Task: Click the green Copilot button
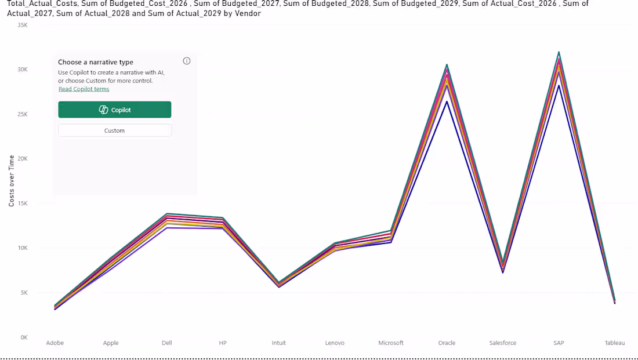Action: pos(115,110)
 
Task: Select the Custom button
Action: pos(115,130)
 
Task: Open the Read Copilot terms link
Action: pos(84,89)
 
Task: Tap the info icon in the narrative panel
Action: pos(187,61)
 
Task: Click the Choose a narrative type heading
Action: pos(96,62)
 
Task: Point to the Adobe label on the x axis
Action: pos(55,343)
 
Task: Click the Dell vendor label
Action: pos(167,343)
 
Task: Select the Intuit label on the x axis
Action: pos(279,343)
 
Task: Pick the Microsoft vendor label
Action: pos(390,343)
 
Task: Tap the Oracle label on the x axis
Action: pos(447,343)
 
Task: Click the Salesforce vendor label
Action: pos(503,343)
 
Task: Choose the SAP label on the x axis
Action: pos(559,343)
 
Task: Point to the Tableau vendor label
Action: pos(614,343)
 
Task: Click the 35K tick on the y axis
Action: pos(23,26)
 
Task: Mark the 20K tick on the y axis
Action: pos(23,159)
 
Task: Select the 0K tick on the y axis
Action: pos(24,337)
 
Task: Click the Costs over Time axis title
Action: pos(12,181)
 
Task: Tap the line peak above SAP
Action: pos(559,53)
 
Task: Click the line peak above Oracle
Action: pos(447,65)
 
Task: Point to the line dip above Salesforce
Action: pos(503,272)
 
